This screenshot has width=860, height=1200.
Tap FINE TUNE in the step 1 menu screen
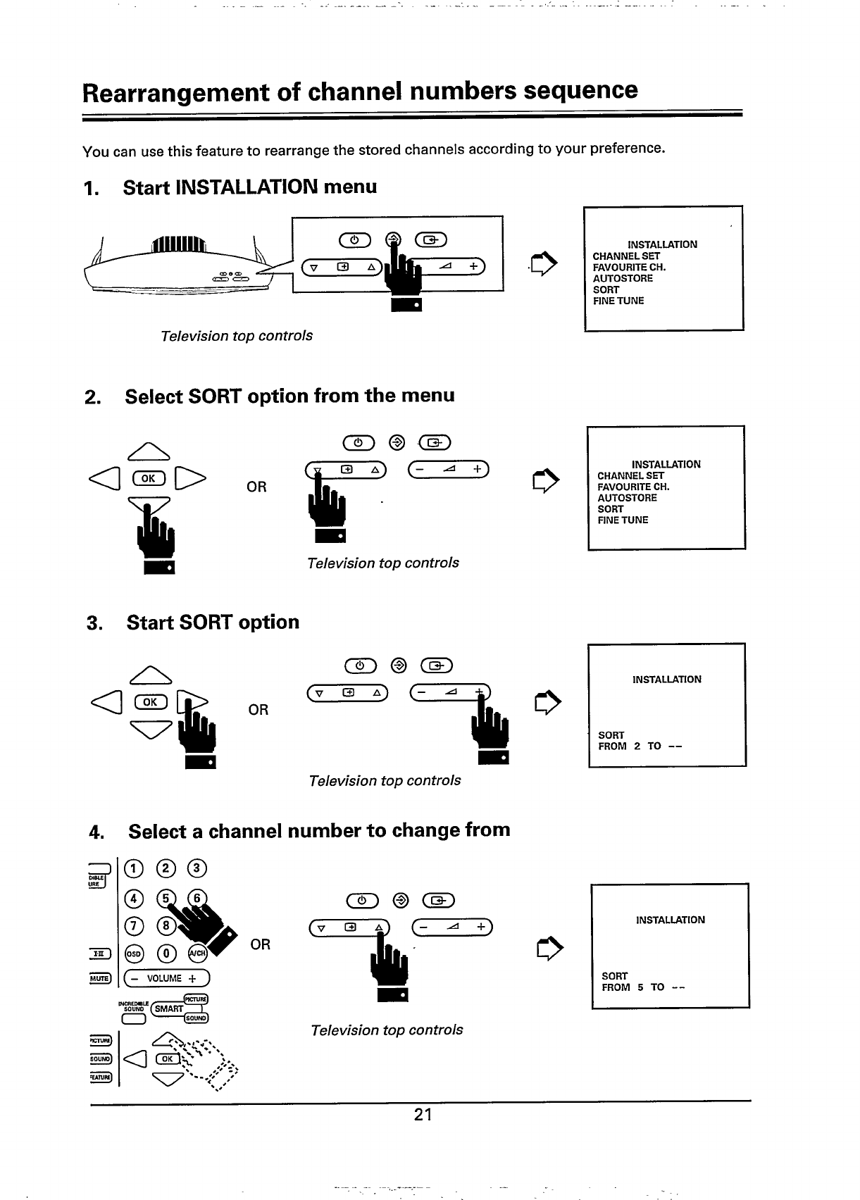click(618, 301)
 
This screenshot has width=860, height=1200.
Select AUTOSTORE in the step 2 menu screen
click(627, 498)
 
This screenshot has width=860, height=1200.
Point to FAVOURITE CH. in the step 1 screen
click(629, 267)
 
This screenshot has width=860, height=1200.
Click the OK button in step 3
click(150, 701)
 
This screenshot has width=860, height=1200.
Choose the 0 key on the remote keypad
click(167, 954)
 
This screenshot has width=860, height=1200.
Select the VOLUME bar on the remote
click(166, 979)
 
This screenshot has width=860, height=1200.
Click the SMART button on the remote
click(169, 1008)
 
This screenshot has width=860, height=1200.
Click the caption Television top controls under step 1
click(237, 336)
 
